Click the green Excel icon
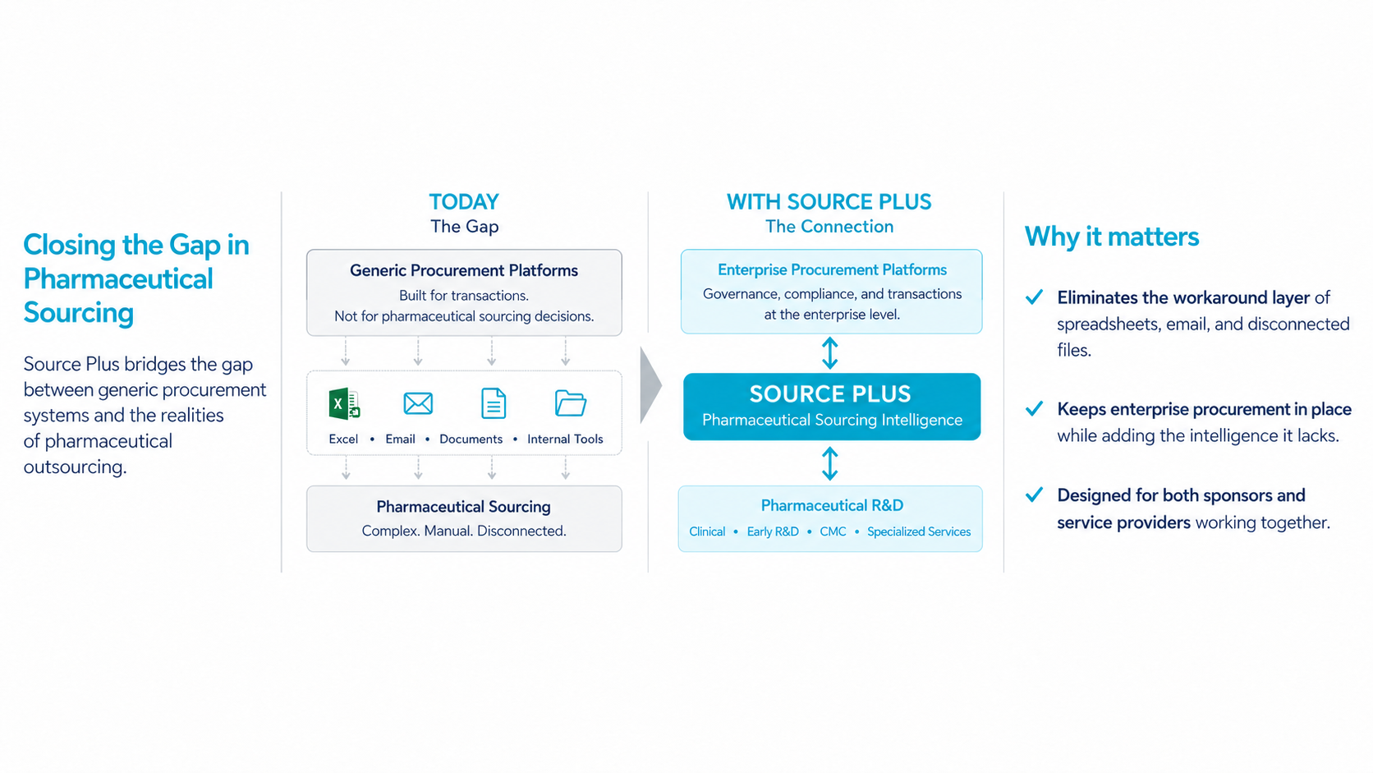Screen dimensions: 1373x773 pyautogui.click(x=344, y=403)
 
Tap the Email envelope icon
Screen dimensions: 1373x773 pyautogui.click(x=418, y=403)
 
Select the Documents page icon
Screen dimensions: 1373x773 pyautogui.click(x=494, y=403)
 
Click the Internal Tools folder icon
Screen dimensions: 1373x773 pyautogui.click(x=570, y=403)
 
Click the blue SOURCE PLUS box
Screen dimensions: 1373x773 pyautogui.click(x=832, y=407)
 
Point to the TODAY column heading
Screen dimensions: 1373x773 pyautogui.click(x=464, y=202)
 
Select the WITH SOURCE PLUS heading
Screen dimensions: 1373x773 pyautogui.click(x=829, y=202)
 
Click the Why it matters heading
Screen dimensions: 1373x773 pyautogui.click(x=1111, y=237)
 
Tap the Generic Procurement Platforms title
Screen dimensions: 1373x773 pyautogui.click(x=464, y=270)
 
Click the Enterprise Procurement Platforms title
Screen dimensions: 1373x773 pyautogui.click(x=832, y=269)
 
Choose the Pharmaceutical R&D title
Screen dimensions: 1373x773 pyautogui.click(x=832, y=505)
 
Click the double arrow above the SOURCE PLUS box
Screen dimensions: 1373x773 pyautogui.click(x=830, y=353)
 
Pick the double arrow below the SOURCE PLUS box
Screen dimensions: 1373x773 pyautogui.click(x=830, y=463)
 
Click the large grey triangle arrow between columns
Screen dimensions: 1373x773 pyautogui.click(x=650, y=385)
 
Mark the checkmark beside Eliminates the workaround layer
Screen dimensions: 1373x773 pyautogui.click(x=1034, y=297)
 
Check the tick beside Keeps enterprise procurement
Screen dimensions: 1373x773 pyautogui.click(x=1034, y=408)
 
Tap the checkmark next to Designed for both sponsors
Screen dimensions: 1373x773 pyautogui.click(x=1034, y=494)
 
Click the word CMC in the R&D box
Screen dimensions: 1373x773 pyautogui.click(x=833, y=531)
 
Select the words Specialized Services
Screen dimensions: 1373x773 pyautogui.click(x=919, y=531)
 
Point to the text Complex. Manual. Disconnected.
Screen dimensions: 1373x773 pyautogui.click(x=464, y=531)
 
